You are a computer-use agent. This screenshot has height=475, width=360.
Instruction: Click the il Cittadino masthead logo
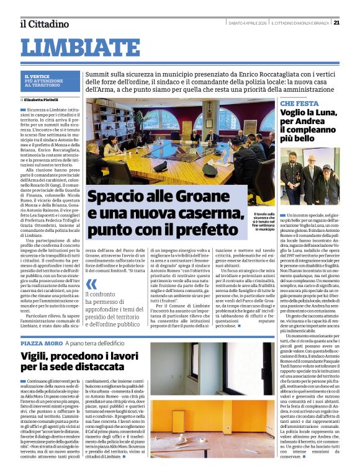[44, 24]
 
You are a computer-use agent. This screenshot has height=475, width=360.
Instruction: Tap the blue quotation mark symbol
[91, 286]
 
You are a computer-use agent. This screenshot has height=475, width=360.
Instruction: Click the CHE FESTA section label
[299, 104]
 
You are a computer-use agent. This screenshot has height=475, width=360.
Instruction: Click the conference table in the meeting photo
[186, 164]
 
